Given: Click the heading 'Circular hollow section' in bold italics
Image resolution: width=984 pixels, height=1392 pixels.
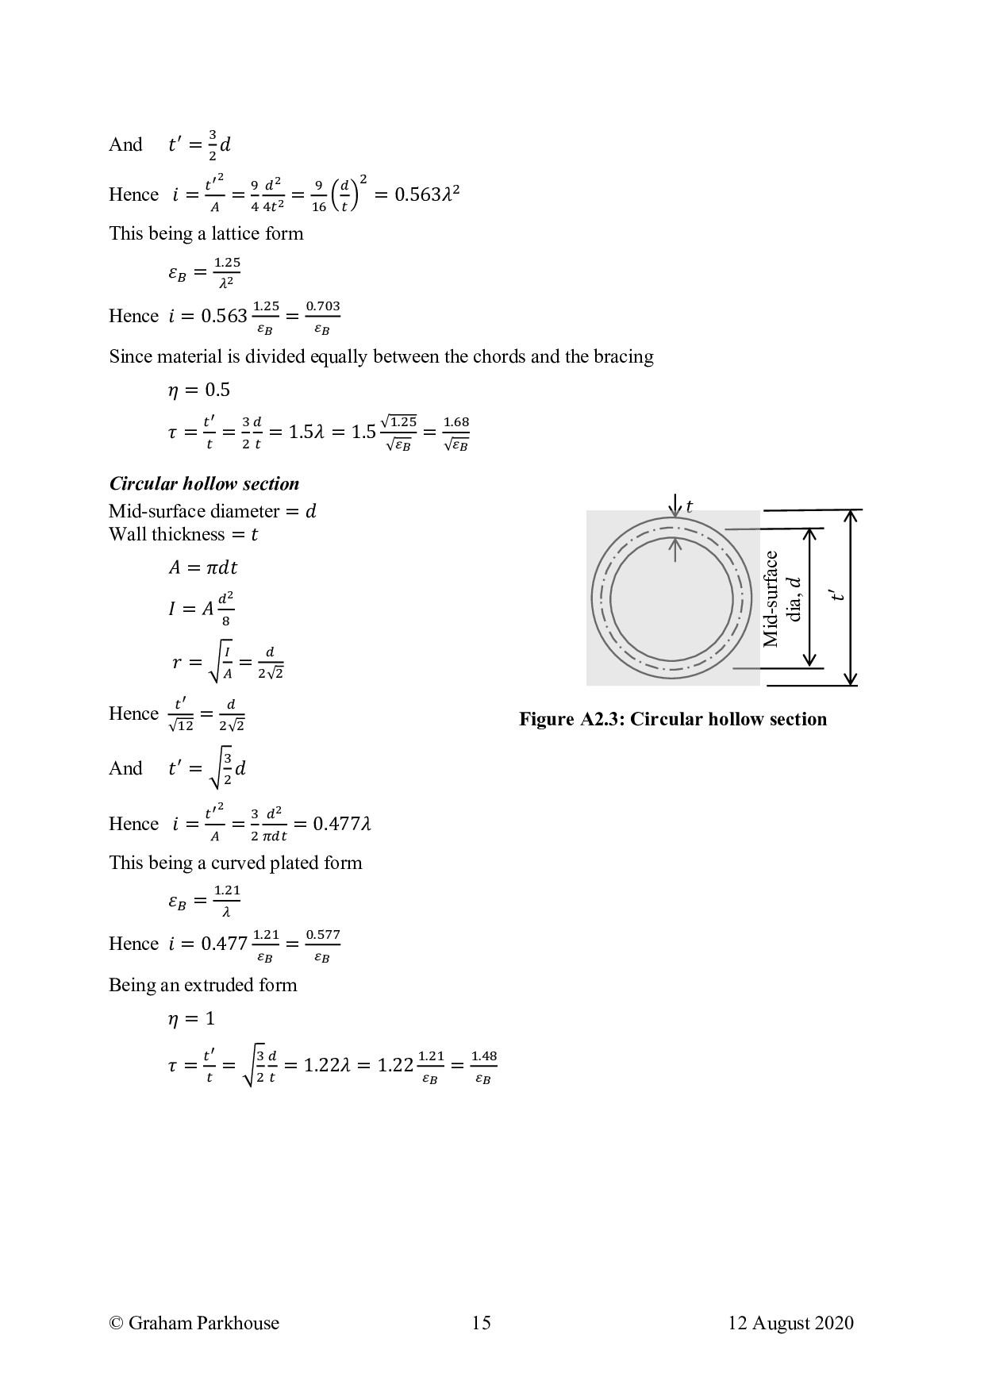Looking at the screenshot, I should coord(204,484).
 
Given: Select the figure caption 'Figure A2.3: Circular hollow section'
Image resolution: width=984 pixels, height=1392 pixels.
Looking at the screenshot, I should coord(673,719).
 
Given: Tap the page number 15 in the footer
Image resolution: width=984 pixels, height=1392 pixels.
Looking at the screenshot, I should coord(481,1323).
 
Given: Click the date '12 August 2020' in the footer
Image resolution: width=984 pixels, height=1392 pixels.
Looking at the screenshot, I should coord(790,1323).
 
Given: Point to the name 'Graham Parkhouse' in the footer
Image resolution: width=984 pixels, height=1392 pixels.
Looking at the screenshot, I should coord(203,1323).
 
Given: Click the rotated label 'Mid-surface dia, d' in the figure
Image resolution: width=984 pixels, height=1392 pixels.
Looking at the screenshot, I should coord(782,599).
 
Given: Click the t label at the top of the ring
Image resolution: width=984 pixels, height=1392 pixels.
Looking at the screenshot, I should coord(689,506).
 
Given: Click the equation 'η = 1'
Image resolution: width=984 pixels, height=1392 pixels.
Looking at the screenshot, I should coord(191,1018).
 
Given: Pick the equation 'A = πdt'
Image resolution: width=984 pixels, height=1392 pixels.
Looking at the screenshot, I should coord(202,567).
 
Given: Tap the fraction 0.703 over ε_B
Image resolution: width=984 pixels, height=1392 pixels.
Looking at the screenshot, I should coord(323,317).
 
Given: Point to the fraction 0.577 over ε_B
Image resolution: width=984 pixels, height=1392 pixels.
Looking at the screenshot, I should coord(323,944).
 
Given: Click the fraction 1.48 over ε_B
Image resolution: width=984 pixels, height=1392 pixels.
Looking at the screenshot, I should coord(483,1067).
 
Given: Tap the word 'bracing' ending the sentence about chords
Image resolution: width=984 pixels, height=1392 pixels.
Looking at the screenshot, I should coord(625,357).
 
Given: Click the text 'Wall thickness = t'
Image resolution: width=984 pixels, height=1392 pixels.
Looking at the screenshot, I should coord(183,534).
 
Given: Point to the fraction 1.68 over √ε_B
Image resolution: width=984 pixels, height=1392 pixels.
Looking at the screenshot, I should coord(456,433).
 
